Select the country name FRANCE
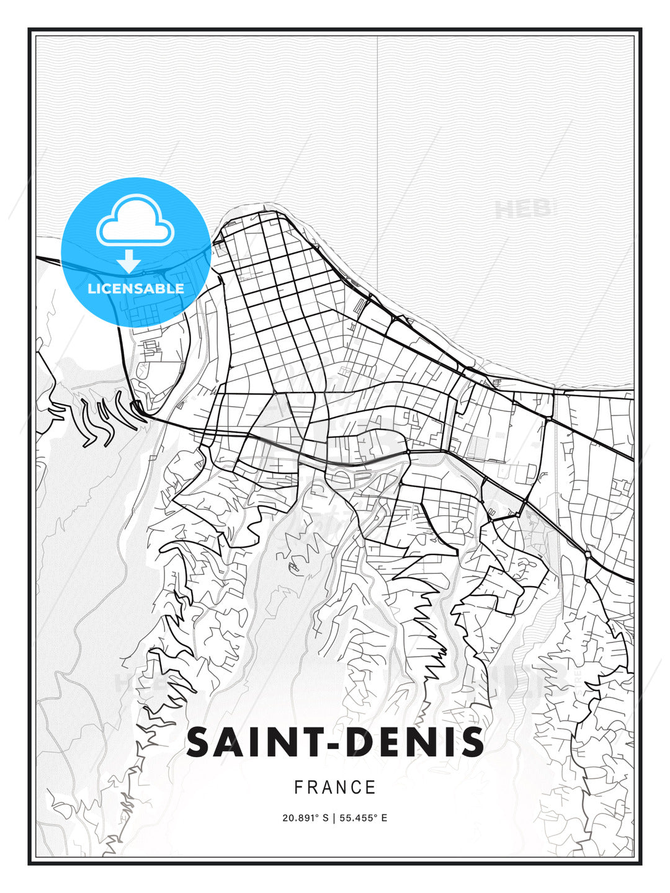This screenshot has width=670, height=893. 335,788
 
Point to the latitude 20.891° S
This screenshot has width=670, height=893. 305,818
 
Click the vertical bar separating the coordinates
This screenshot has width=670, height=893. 334,818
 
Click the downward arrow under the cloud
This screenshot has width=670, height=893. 129,260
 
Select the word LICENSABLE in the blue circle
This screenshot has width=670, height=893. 136,288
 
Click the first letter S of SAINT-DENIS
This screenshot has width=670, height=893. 200,742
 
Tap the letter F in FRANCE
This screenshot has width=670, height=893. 298,788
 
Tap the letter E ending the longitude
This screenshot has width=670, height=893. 384,818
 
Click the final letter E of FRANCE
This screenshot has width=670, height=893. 371,788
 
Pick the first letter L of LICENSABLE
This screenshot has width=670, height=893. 91,288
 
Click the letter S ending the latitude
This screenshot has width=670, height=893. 324,818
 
